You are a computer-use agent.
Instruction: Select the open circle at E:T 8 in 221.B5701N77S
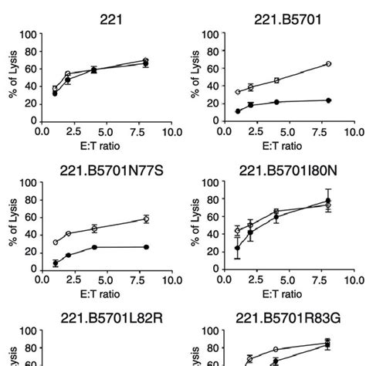point(146,219)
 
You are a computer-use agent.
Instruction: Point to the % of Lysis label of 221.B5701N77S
point(9,224)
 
